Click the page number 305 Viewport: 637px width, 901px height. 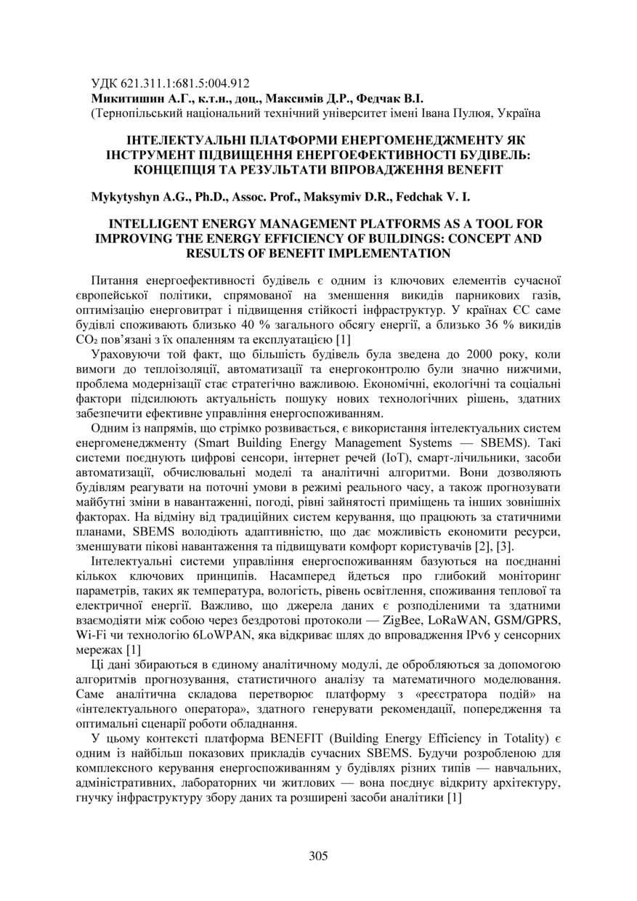[x=318, y=855]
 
